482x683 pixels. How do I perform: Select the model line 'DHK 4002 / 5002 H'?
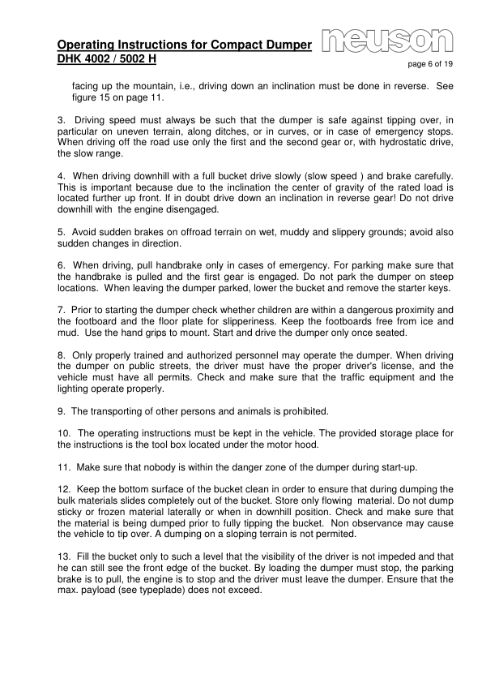tap(107, 59)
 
